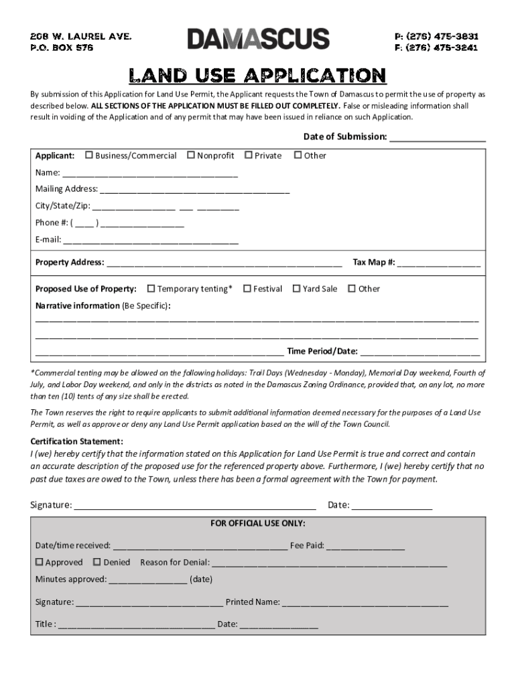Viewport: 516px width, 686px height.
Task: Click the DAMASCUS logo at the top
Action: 258,39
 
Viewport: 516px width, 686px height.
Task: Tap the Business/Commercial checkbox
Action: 88,155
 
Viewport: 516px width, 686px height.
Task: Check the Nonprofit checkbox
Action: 190,155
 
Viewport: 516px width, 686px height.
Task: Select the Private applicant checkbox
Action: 248,155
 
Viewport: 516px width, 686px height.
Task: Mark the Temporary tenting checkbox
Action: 151,289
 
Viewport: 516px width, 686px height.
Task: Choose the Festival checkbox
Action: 247,289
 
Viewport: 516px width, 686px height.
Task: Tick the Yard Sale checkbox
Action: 296,289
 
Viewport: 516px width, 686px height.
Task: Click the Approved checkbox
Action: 39,562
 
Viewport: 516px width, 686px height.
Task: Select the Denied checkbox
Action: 96,562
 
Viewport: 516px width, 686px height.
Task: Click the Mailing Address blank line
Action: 194,190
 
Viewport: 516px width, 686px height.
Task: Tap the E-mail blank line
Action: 151,241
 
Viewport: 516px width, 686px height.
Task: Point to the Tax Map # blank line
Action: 439,264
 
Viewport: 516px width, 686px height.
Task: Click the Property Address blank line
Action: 224,264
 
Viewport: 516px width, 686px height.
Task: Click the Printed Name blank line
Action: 365,604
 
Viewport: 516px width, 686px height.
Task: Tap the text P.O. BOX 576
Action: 61,48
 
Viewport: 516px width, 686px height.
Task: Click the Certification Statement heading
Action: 77,441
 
